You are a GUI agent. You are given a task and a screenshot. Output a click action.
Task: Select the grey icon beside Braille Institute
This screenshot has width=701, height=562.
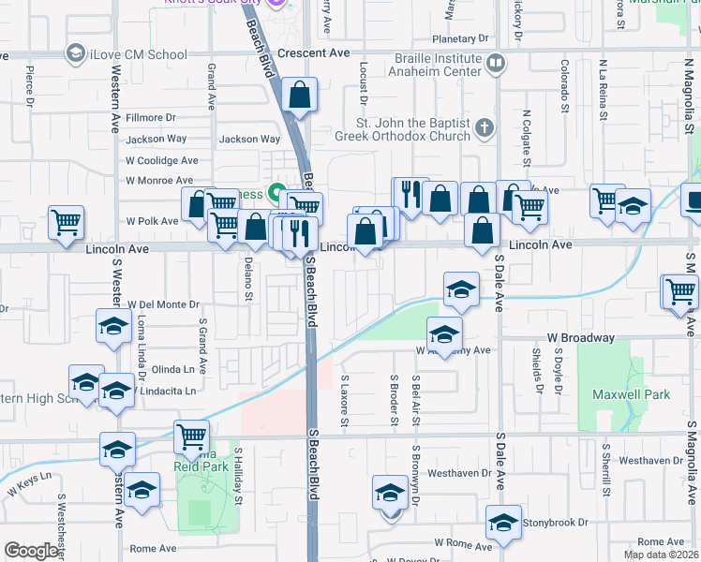click(x=496, y=64)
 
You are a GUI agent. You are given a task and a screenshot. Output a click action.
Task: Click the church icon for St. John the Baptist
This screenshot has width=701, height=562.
click(x=484, y=127)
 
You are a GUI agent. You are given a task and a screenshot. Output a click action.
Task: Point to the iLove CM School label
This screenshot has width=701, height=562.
click(x=139, y=54)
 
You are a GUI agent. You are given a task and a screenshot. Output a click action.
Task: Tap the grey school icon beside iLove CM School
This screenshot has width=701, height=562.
click(x=74, y=54)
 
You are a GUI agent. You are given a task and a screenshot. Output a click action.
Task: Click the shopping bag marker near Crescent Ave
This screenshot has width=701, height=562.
click(x=299, y=96)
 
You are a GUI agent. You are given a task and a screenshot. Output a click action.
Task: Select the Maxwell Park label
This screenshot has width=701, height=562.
click(x=632, y=394)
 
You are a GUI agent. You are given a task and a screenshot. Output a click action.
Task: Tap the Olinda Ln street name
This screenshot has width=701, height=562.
click(x=172, y=369)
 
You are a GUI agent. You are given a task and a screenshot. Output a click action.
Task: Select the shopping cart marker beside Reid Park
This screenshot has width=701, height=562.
click(x=191, y=436)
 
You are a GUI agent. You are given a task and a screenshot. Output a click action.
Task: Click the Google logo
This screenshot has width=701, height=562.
click(x=31, y=551)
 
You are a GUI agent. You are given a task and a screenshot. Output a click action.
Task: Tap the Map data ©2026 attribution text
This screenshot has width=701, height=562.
click(x=661, y=555)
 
